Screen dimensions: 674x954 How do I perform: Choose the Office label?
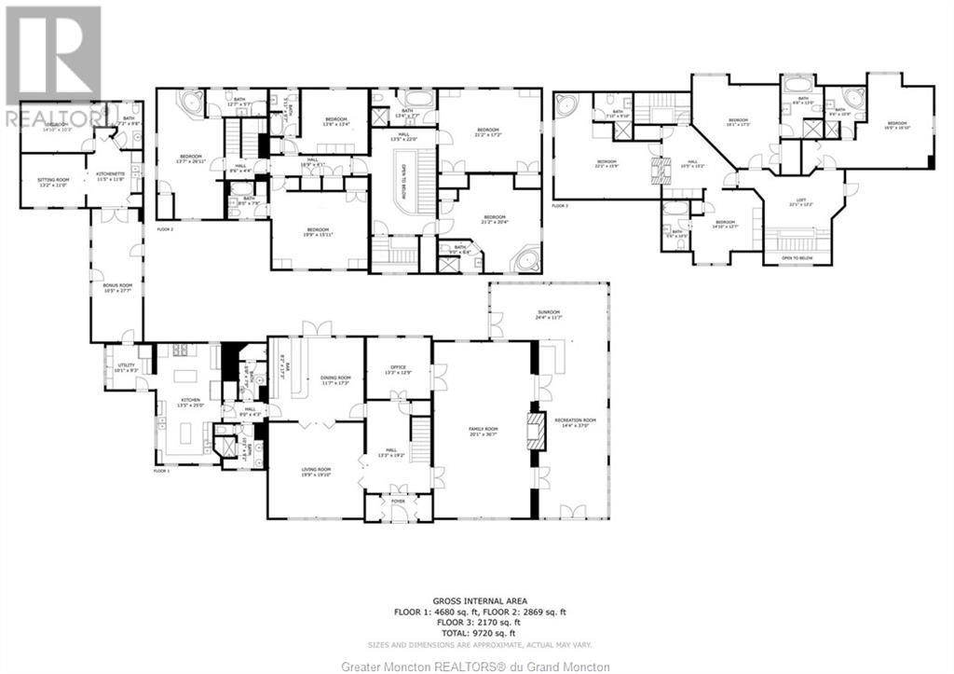pos(398,370)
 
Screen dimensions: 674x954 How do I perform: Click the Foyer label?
pos(398,501)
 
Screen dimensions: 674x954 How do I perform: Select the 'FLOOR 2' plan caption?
pos(166,227)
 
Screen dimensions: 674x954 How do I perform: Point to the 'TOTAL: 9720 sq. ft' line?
pos(476,631)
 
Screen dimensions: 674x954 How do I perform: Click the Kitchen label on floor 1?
pos(191,404)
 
